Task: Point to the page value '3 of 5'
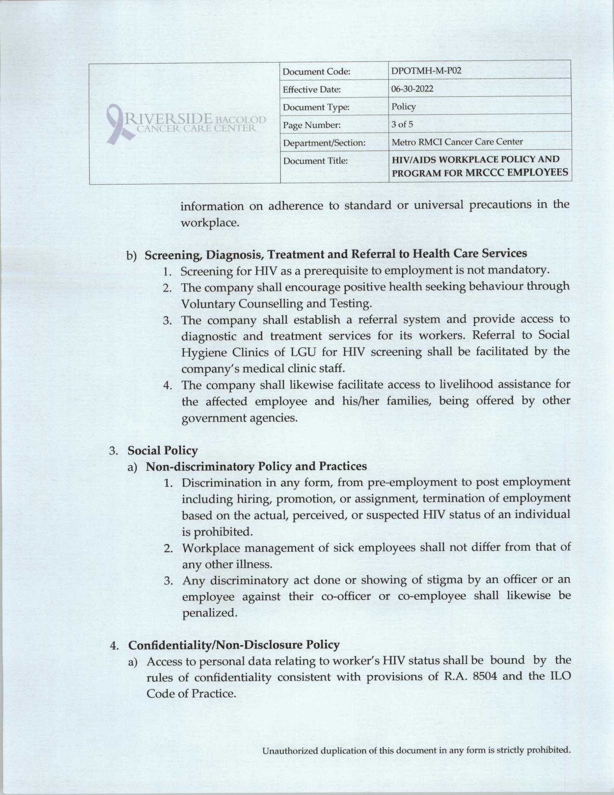[x=402, y=124]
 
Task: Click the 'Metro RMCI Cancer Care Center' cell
[x=457, y=142]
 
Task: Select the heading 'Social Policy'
[x=163, y=450]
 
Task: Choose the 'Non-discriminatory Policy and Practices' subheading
[x=256, y=466]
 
